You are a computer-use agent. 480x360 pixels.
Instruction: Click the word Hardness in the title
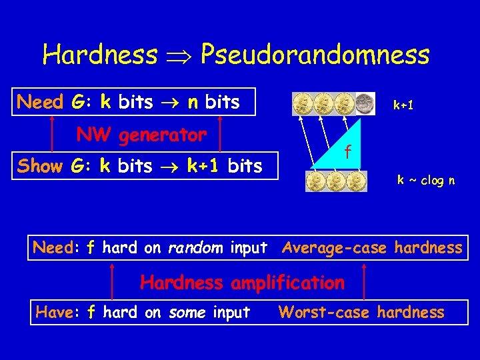tap(100, 55)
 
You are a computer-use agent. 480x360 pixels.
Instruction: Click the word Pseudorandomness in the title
tap(315, 55)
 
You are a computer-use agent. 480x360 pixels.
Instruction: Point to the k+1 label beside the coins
tap(405, 105)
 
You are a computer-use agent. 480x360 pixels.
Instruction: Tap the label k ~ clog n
tap(426, 180)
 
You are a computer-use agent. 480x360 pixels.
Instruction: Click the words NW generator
tap(141, 135)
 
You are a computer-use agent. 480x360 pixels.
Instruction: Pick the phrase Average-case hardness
tap(372, 248)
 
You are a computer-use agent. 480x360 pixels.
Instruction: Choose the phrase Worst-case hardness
tap(361, 312)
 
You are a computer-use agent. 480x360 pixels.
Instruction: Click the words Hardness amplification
tap(242, 283)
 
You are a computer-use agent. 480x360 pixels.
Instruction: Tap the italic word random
tap(196, 248)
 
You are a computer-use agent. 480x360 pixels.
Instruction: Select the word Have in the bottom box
tap(56, 312)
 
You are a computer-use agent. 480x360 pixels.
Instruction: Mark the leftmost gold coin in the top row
tap(303, 103)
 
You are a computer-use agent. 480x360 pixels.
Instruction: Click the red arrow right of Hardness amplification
tap(364, 281)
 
